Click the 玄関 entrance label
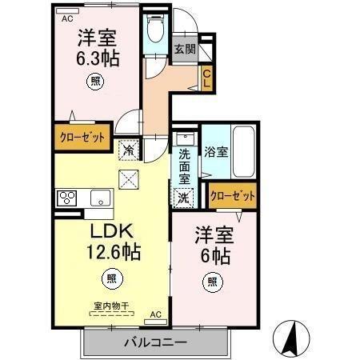(x=185, y=50)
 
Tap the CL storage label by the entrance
(x=206, y=78)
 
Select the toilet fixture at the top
(x=155, y=32)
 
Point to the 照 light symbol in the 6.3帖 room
(x=95, y=80)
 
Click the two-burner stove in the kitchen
(x=66, y=198)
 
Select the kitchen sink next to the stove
(x=100, y=198)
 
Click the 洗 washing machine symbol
(x=183, y=197)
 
